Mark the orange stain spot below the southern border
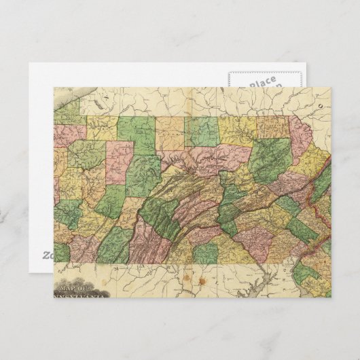[x=201, y=279]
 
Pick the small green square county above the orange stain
[x=205, y=253]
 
